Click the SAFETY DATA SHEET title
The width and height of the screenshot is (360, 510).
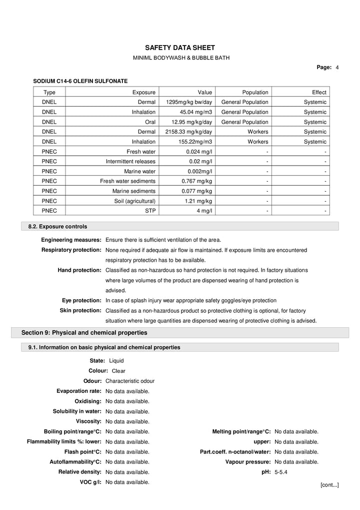pos(180,48)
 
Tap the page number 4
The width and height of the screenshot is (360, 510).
pos(337,67)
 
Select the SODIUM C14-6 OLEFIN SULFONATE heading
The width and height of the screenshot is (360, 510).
pos(80,81)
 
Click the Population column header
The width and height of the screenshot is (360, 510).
pos(255,92)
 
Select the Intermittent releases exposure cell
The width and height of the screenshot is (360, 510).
pos(130,162)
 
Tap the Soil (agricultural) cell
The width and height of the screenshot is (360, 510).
pos(134,201)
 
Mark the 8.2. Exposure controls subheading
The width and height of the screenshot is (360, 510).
pos(57,227)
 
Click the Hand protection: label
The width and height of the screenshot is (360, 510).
pos(79,270)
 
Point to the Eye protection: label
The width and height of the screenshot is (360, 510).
pos(81,300)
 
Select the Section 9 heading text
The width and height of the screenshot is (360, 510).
pos(84,332)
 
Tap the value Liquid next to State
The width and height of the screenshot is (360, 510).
pos(116,361)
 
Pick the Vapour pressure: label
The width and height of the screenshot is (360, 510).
pos(248,462)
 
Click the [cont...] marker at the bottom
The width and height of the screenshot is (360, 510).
pos(329,485)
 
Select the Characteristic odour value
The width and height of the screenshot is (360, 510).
pos(130,381)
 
